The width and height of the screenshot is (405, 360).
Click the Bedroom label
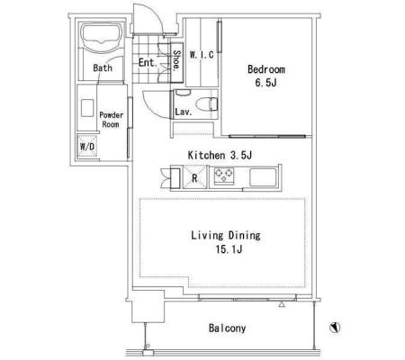click(266, 69)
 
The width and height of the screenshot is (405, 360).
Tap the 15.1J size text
click(229, 249)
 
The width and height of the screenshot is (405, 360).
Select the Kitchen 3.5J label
click(220, 156)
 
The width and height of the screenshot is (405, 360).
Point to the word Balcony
click(227, 328)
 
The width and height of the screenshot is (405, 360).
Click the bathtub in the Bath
click(102, 38)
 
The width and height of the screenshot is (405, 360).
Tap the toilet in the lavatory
click(206, 104)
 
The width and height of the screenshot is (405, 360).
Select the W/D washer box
click(87, 147)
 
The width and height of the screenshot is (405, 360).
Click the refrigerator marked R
click(194, 177)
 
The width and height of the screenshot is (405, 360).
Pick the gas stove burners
click(224, 175)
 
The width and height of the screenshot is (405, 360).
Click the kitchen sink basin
click(263, 177)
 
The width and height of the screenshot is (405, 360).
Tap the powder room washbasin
click(87, 108)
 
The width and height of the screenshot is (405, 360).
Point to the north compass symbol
click(335, 327)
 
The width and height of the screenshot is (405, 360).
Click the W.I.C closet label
click(202, 55)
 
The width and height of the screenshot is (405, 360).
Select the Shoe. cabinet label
click(176, 60)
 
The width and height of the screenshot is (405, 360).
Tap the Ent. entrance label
click(148, 63)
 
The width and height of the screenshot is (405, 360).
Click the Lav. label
click(184, 112)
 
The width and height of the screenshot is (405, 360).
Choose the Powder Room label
click(111, 120)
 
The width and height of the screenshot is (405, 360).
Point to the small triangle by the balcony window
click(281, 304)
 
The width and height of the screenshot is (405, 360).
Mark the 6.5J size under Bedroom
click(265, 83)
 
